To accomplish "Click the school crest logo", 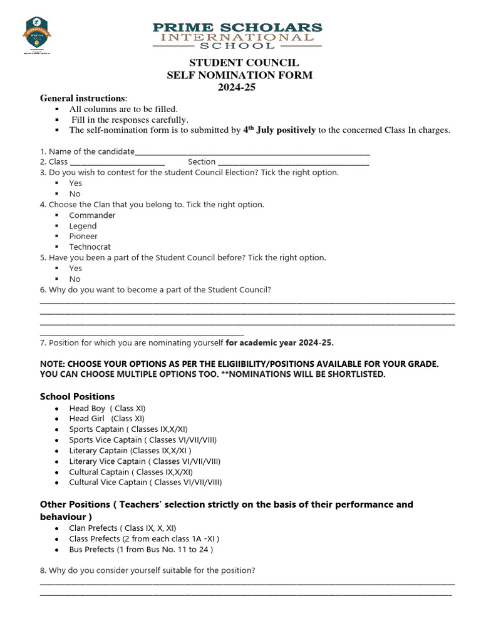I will [37, 36].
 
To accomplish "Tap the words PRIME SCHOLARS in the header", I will [237, 28].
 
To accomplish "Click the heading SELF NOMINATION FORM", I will [239, 75].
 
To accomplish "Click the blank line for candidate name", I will [252, 152].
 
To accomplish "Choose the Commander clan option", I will [92, 215].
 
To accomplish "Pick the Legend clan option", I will [83, 226].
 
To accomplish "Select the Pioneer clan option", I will [83, 237].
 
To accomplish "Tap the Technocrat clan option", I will [90, 247].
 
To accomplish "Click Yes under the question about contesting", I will [75, 183].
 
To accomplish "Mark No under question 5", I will [75, 279].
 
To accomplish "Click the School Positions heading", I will [77, 397].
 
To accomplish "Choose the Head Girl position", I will [106, 419].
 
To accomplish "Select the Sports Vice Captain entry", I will [143, 440].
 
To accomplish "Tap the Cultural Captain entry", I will [131, 472].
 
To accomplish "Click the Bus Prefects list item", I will [141, 550].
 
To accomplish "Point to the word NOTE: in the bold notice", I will [52, 364].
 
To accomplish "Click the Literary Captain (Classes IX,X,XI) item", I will [130, 451].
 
